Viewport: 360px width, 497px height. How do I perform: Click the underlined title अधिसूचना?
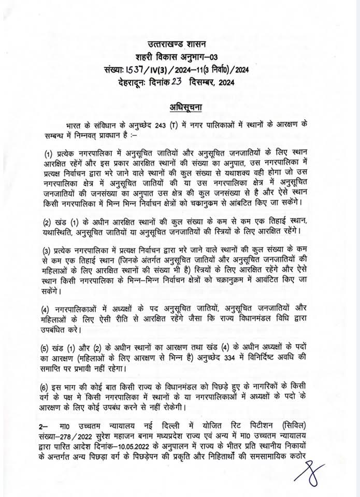(x=179, y=107)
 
